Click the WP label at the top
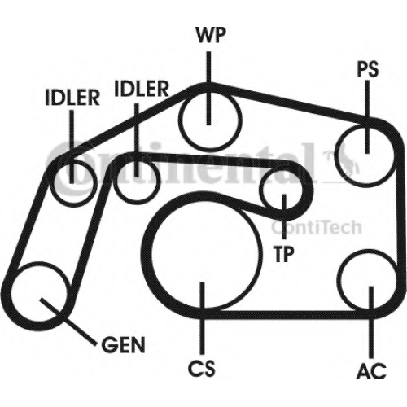211,35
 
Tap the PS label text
367,69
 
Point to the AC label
371,370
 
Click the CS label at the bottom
202,368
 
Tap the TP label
284,254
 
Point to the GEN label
123,345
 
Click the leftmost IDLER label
72,98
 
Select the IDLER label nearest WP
142,89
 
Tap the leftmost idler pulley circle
54,182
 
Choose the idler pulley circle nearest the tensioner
114,182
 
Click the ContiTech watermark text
317,227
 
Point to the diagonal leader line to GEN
68,322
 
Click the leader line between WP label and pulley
208,89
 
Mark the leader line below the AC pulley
371,322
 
